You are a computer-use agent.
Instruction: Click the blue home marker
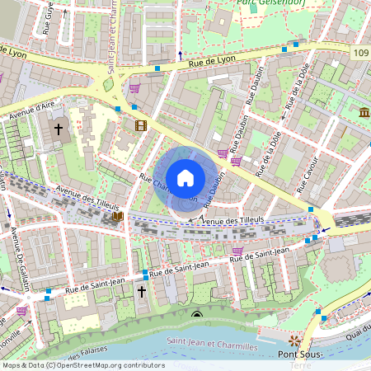(185, 178)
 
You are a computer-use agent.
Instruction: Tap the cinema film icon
(141, 126)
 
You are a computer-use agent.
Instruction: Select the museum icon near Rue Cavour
(364, 112)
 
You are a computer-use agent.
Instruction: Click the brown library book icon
(118, 217)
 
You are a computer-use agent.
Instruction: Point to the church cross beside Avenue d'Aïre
(59, 129)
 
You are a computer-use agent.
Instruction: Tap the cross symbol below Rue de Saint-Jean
(141, 292)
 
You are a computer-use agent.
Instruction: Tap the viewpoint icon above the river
(196, 315)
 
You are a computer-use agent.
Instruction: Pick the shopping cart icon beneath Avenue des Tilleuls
(237, 251)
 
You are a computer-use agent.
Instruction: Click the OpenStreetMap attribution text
(82, 365)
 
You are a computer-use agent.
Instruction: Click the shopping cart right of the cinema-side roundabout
(134, 87)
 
